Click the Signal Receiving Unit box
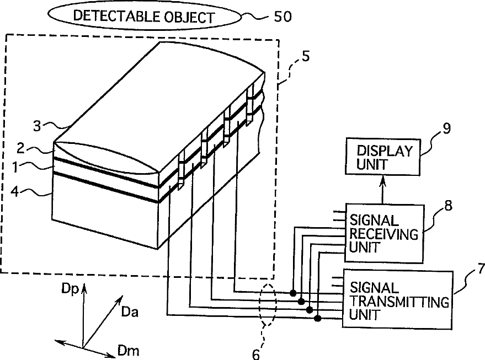(384, 233)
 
